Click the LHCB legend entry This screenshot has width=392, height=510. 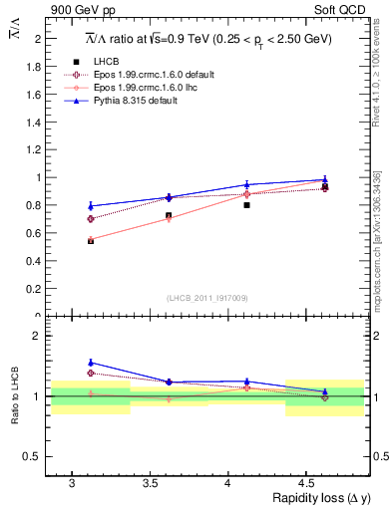pyautogui.click(x=108, y=63)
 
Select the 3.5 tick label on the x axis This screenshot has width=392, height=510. pyautogui.click(x=150, y=482)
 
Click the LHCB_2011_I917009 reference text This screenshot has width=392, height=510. pyautogui.click(x=206, y=298)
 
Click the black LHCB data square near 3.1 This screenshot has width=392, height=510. pyautogui.click(x=91, y=241)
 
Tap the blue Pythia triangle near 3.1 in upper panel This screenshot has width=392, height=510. pyautogui.click(x=91, y=206)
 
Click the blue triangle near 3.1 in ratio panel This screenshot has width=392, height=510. pyautogui.click(x=91, y=363)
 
